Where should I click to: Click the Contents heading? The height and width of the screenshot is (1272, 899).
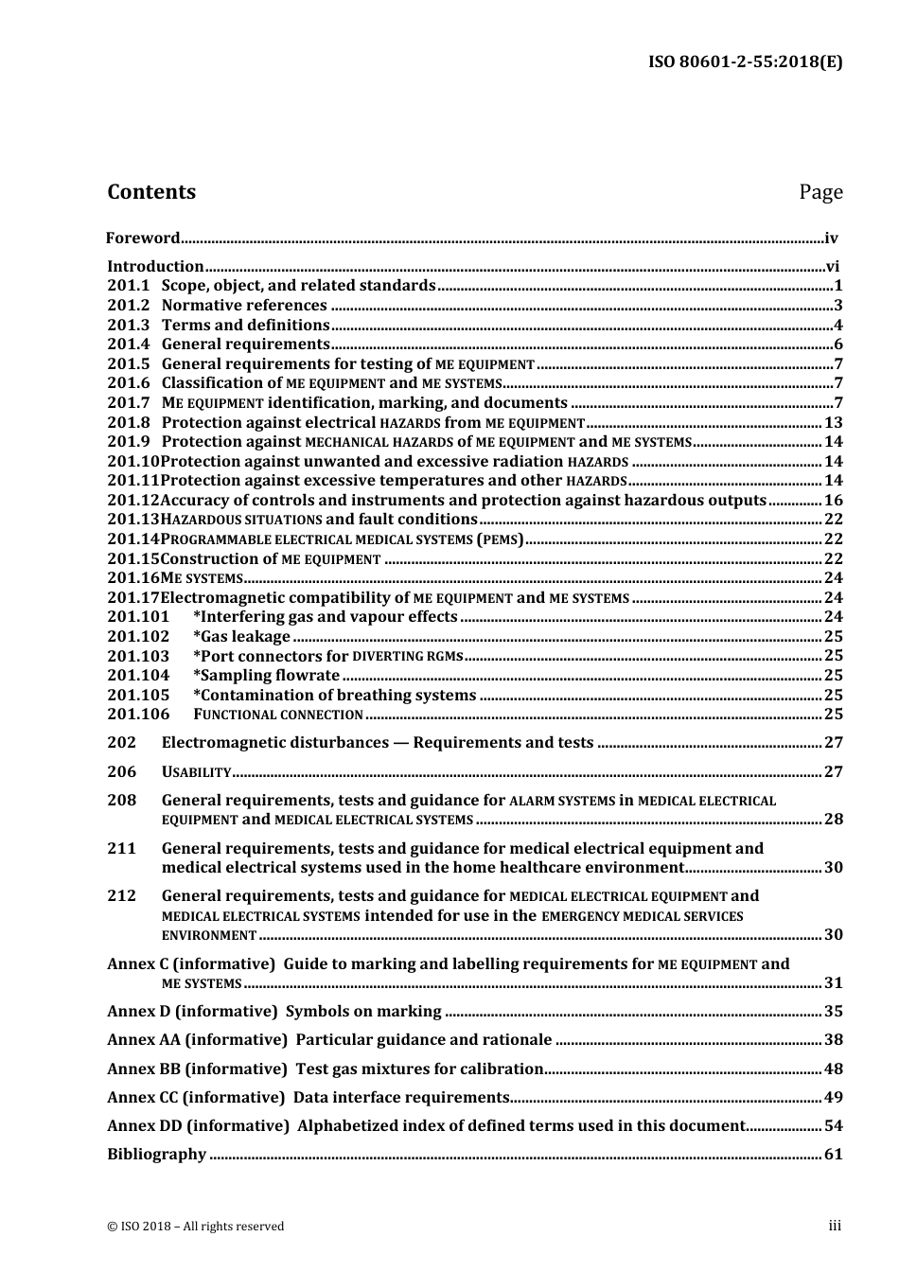point(151,192)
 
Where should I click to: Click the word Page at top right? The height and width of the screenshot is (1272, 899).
point(820,192)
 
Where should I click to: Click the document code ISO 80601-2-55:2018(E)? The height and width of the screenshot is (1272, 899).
point(745,62)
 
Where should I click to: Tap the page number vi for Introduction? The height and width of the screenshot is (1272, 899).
point(833,267)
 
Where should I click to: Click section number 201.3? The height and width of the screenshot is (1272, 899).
point(129,326)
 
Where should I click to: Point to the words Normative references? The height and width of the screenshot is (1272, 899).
point(244,306)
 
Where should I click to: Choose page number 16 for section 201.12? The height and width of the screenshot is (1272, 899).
point(833,501)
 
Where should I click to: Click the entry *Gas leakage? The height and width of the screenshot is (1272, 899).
point(241,637)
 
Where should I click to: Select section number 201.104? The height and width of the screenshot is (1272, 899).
point(138,676)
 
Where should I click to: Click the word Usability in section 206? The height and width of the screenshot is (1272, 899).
point(197,772)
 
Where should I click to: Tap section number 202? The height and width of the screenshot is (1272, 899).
point(121,743)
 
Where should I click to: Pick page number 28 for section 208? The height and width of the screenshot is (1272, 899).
point(833,820)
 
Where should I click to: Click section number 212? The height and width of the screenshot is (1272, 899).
point(121,896)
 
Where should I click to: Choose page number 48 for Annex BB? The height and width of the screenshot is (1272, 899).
point(833,1069)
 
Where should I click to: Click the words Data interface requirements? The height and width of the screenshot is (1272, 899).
point(401,1098)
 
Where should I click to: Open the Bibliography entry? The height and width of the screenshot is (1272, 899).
point(156,1155)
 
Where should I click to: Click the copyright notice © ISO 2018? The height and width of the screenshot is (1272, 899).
point(195,1227)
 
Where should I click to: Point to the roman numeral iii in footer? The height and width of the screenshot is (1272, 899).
point(835,1226)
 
